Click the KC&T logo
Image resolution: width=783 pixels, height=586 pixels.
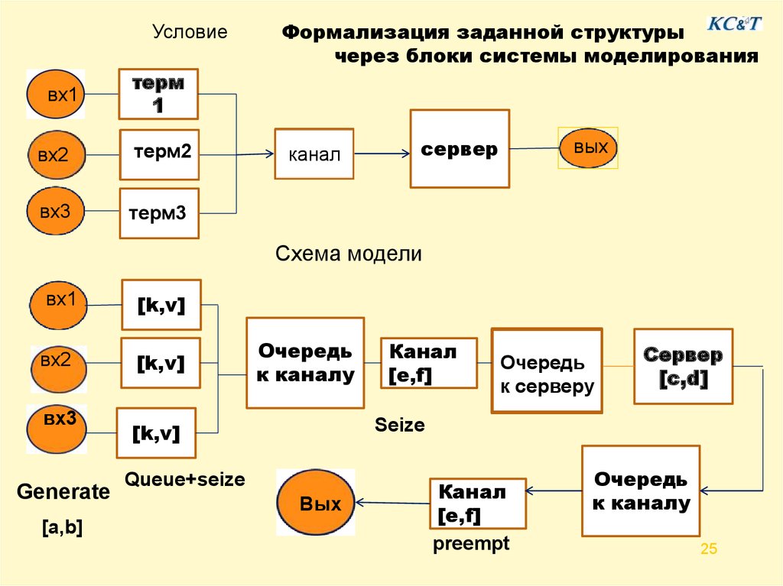coord(735,23)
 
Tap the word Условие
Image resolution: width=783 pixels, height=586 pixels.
coord(190,31)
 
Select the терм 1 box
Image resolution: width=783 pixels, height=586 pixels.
coord(158,94)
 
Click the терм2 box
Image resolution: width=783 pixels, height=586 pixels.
coord(159,154)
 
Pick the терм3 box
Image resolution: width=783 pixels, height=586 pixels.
coord(159,213)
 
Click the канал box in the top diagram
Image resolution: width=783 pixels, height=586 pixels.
coord(314,154)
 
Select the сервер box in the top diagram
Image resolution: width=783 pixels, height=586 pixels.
coord(460,149)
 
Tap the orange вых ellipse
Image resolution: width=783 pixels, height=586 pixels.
coord(588,147)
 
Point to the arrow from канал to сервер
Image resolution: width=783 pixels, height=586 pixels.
coord(382,154)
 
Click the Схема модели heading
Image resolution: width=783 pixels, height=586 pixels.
coord(349,254)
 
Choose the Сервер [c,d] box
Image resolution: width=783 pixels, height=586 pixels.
coord(683,366)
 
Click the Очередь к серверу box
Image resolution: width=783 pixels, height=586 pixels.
coord(547,371)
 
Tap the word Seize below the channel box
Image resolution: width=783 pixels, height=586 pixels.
coord(399,425)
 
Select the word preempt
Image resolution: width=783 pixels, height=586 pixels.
coord(471,543)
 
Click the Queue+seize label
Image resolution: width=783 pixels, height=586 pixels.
coord(185,479)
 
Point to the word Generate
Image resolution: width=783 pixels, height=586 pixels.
coord(63,492)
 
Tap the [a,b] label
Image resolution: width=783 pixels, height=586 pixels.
coord(63,527)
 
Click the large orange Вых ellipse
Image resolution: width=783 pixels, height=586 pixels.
coord(316,502)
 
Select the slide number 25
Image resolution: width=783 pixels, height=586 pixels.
coord(709,549)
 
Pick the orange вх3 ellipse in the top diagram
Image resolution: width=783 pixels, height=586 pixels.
coord(55,211)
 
